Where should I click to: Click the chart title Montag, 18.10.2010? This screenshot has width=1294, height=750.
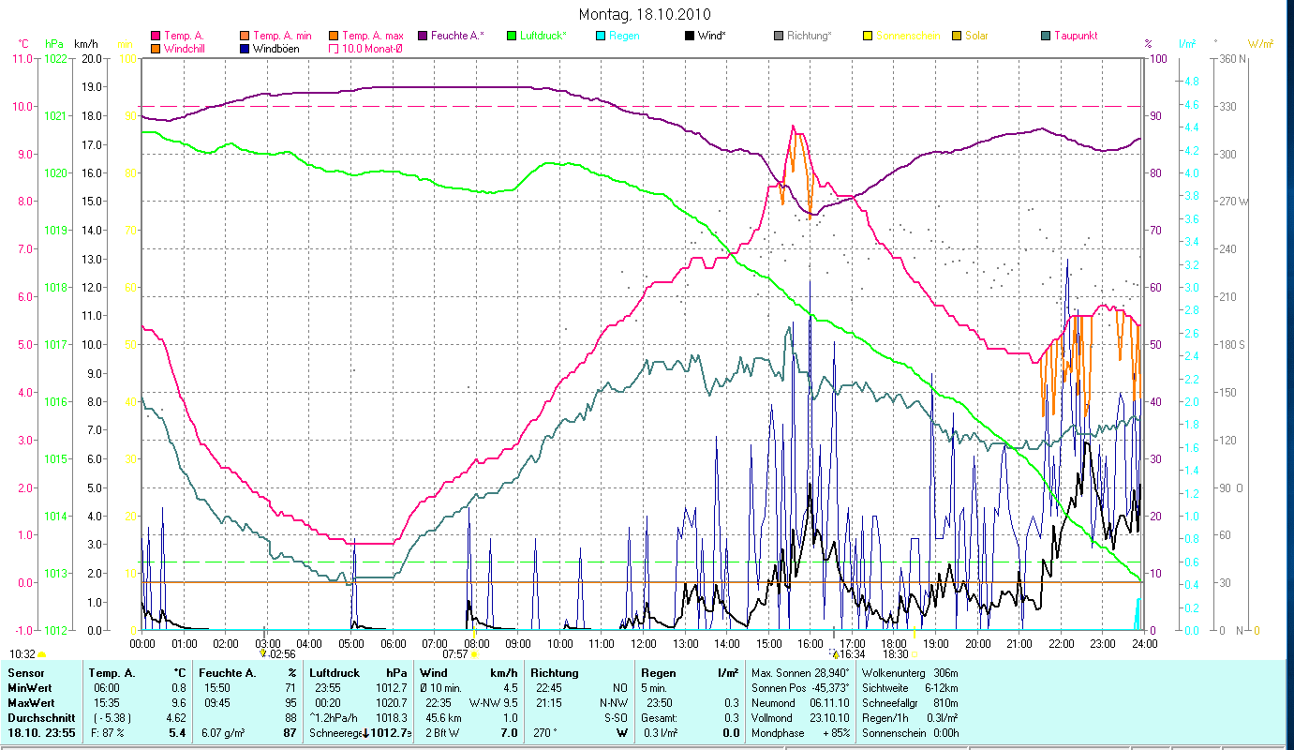[645, 14]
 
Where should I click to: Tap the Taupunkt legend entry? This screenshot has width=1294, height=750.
[1075, 36]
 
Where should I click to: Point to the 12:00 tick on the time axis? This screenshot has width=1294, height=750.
[644, 644]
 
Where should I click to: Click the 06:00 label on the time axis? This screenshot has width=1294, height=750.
[393, 644]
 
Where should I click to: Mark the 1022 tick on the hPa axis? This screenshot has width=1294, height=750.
[56, 58]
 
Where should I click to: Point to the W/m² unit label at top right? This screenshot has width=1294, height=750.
[1260, 44]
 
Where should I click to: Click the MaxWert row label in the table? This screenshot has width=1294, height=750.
[31, 703]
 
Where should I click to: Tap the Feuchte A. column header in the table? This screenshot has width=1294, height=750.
[227, 673]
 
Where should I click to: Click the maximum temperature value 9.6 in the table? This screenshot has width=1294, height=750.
[180, 703]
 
